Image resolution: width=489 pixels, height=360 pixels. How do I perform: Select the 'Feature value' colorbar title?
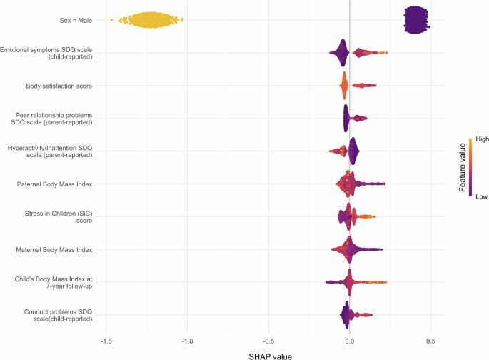463,168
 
